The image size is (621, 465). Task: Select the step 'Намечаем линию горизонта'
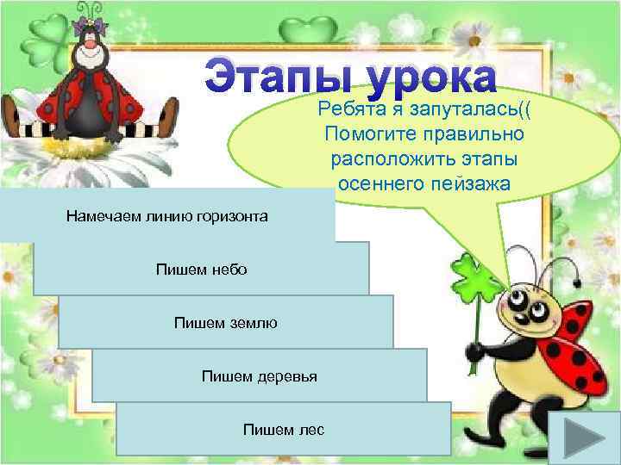(x=166, y=216)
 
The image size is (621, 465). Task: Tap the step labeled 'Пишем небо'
(x=201, y=270)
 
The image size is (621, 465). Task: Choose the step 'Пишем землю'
(x=225, y=323)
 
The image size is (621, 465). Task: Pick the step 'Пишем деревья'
(x=259, y=376)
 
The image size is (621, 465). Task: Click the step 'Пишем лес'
(x=284, y=429)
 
